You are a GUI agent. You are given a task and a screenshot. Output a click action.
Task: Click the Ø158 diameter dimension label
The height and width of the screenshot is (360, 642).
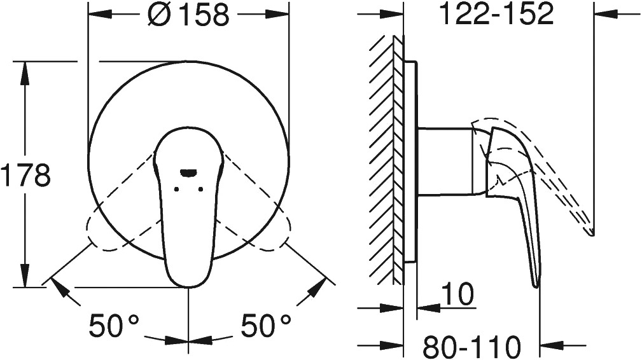(188, 15)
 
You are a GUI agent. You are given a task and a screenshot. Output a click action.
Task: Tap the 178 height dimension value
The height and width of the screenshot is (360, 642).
(25, 174)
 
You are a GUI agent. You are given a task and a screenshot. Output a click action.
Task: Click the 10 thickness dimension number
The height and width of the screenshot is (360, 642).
(457, 293)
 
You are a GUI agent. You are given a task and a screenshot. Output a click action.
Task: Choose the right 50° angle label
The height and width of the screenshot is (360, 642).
(266, 326)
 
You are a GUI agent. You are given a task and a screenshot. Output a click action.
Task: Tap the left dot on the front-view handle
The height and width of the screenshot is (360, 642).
(176, 189)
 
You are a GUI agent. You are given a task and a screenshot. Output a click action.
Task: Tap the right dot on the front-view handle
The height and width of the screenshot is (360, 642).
(200, 189)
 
